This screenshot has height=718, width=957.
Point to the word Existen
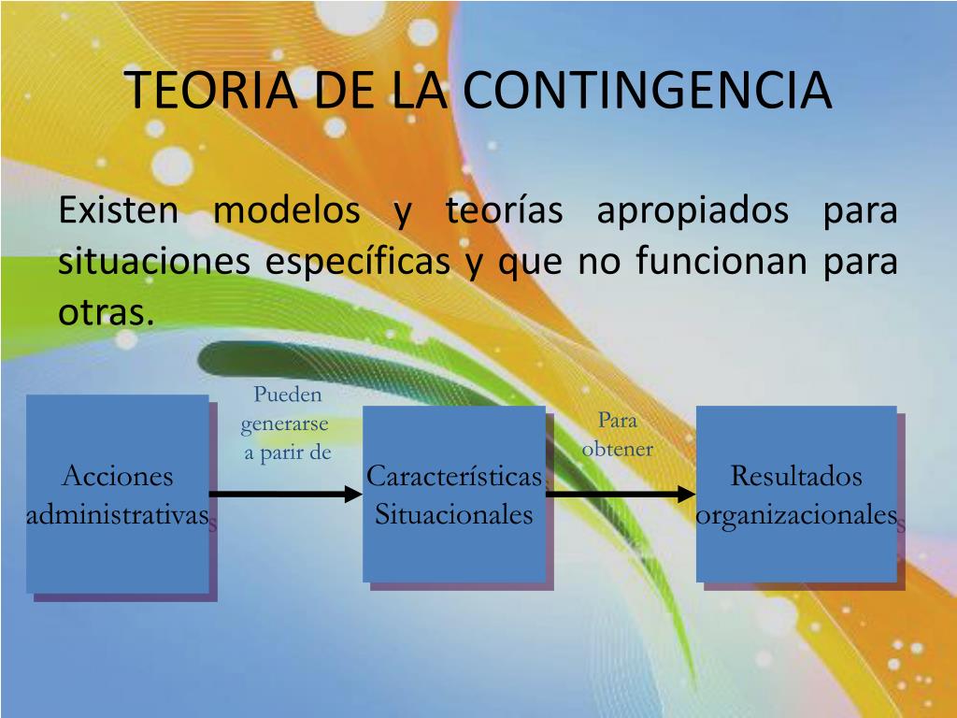click(x=118, y=211)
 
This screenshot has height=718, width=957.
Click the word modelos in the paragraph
click(x=287, y=211)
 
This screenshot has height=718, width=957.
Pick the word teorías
click(x=504, y=211)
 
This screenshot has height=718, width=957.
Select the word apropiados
click(x=693, y=211)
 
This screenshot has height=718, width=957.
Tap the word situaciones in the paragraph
click(x=154, y=263)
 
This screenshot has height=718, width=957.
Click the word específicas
click(x=358, y=263)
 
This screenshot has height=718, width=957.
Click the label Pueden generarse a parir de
click(x=287, y=424)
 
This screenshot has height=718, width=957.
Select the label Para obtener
click(x=617, y=435)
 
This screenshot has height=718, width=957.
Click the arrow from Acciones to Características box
click(x=285, y=494)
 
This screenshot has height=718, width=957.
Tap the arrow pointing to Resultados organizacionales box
click(x=621, y=494)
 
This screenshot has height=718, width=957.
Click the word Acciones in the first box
click(x=118, y=476)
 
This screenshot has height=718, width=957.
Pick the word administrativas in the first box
click(x=118, y=515)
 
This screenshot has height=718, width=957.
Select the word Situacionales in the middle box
click(x=454, y=515)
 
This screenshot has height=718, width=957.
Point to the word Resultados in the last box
click(x=796, y=476)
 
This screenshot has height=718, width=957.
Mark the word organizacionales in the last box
click(x=796, y=515)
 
